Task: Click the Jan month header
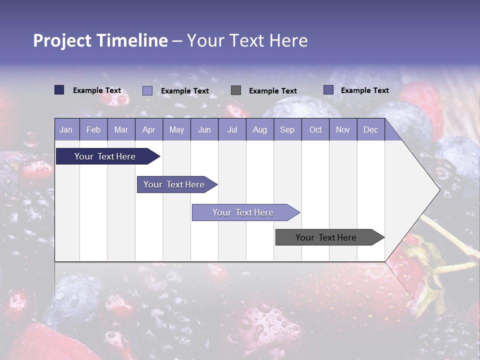click(x=66, y=129)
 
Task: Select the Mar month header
click(x=121, y=129)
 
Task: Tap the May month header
click(x=176, y=129)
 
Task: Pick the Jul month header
click(x=232, y=129)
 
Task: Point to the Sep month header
click(x=287, y=129)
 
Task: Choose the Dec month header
click(x=370, y=129)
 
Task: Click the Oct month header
click(x=315, y=129)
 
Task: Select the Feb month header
click(x=93, y=129)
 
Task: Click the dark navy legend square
click(x=59, y=90)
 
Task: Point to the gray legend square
click(x=236, y=90)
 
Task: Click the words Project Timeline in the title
click(x=100, y=40)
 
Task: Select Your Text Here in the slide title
click(x=247, y=40)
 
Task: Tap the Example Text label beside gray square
click(x=272, y=91)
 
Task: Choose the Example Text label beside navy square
click(x=97, y=90)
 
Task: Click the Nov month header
click(x=342, y=129)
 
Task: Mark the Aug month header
click(x=259, y=129)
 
